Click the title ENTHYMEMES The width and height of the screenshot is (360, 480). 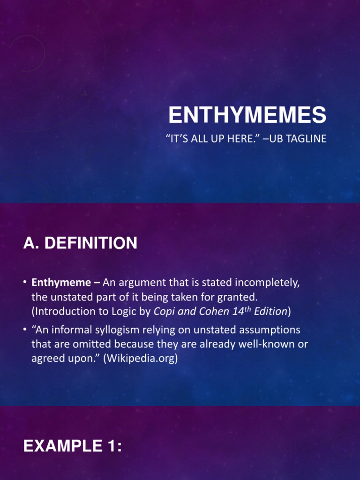click(247, 115)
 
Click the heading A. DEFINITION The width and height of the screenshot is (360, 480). click(80, 243)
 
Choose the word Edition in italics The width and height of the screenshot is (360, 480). click(271, 311)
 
